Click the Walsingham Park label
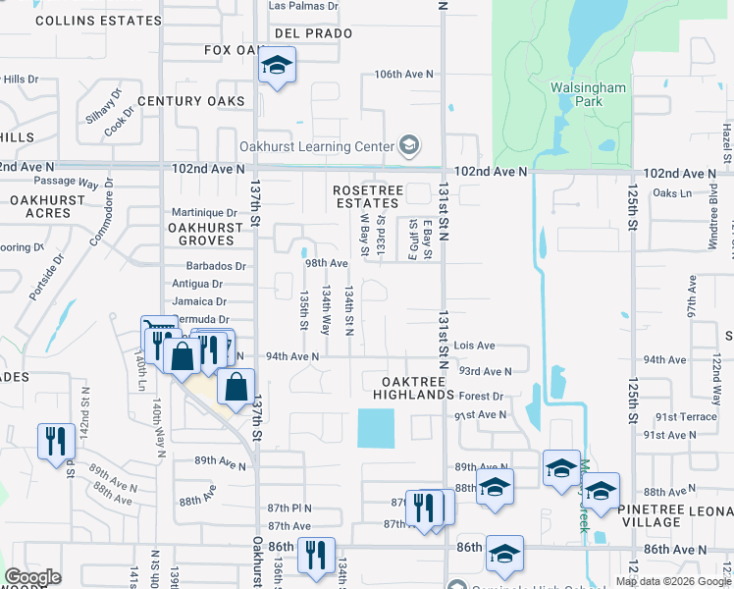588,94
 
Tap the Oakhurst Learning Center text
317,147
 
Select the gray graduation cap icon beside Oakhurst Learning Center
409,147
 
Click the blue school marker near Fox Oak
278,67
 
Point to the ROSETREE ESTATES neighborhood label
366,196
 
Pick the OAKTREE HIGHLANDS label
413,388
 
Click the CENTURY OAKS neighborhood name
190,101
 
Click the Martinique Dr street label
204,212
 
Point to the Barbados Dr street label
215,266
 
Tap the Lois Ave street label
474,346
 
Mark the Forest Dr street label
481,397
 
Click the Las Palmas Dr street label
303,6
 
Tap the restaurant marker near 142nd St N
56,440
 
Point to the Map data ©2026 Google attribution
673,581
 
